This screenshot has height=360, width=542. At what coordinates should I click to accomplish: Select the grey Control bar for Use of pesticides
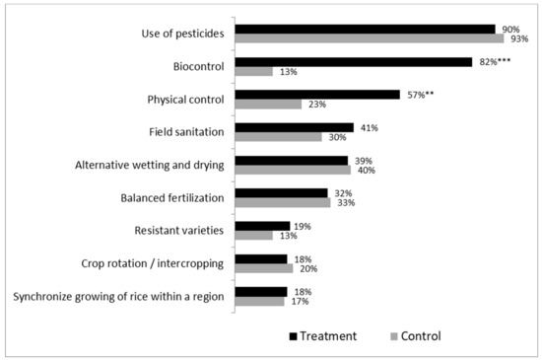(369, 38)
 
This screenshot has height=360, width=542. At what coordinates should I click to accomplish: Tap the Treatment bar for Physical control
(316, 95)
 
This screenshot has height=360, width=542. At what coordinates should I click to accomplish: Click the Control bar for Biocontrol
(253, 72)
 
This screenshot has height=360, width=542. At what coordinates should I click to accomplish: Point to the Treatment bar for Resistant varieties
(261, 226)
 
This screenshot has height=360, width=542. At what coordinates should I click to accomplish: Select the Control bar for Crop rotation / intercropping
(263, 268)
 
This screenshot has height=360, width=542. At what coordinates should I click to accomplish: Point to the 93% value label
(519, 39)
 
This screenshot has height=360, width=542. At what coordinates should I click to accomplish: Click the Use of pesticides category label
(183, 35)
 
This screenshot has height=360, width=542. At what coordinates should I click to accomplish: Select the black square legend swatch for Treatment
(293, 336)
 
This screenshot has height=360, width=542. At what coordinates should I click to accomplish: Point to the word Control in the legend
(418, 336)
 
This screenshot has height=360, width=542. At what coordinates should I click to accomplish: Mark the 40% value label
(366, 171)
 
